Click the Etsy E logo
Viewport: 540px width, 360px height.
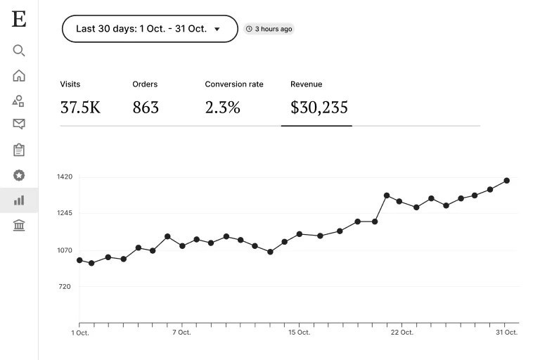pos(19,20)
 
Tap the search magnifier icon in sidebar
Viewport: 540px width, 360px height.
pos(19,51)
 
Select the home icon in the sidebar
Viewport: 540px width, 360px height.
pos(19,76)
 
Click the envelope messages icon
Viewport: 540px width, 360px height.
pos(19,124)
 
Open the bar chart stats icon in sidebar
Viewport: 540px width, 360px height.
pos(19,200)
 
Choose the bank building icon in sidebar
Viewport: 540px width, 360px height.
pos(19,225)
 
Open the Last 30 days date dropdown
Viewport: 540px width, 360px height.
pos(150,29)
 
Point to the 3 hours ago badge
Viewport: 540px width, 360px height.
pos(269,29)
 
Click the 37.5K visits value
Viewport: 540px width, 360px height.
pos(80,108)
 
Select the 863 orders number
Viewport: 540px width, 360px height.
pos(146,108)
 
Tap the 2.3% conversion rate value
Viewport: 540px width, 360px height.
pos(223,108)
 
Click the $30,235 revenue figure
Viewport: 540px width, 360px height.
pos(319,108)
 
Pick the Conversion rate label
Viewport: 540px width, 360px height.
pos(234,84)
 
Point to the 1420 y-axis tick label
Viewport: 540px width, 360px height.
pos(65,177)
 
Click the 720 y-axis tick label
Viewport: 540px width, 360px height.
pos(65,286)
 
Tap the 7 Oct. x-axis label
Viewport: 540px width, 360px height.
pos(181,332)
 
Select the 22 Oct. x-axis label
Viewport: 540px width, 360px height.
pos(401,332)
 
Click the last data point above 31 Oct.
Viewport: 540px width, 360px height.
pos(506,181)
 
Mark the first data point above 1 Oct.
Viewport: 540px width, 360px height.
pos(79,260)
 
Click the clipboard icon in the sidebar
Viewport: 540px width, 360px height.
pos(19,150)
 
